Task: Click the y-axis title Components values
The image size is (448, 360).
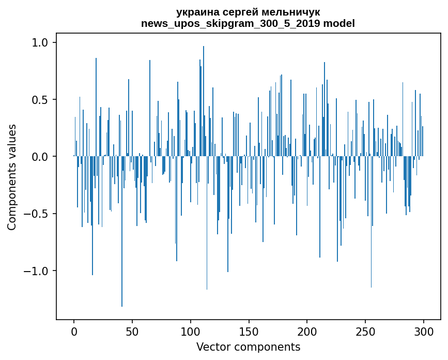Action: coord(12,177)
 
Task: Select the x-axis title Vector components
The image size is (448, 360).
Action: coord(248,347)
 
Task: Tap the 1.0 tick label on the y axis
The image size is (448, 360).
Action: coord(40,42)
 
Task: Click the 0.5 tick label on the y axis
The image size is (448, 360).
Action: coord(40,99)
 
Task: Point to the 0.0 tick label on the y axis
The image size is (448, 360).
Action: coord(40,156)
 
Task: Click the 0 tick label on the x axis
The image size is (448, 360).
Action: coord(74,331)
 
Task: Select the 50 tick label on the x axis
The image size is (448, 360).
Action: coord(132,331)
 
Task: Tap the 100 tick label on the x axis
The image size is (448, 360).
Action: coord(191,331)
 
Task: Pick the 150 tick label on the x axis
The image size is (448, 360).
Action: coord(249,331)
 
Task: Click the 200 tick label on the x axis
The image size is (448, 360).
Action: coord(307,331)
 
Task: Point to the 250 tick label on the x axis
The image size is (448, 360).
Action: coord(365,331)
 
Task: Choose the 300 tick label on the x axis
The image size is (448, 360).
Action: coord(423,331)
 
